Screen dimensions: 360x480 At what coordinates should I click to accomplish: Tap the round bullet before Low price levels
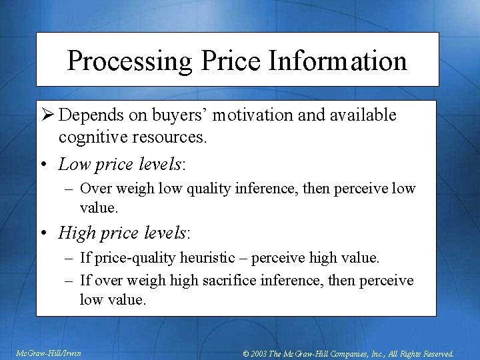coord(43,164)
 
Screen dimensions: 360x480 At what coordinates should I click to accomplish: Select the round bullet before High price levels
coord(43,233)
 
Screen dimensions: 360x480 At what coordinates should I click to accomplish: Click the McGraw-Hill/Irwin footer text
coord(49,353)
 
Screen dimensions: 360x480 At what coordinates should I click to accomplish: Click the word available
coord(363,115)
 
